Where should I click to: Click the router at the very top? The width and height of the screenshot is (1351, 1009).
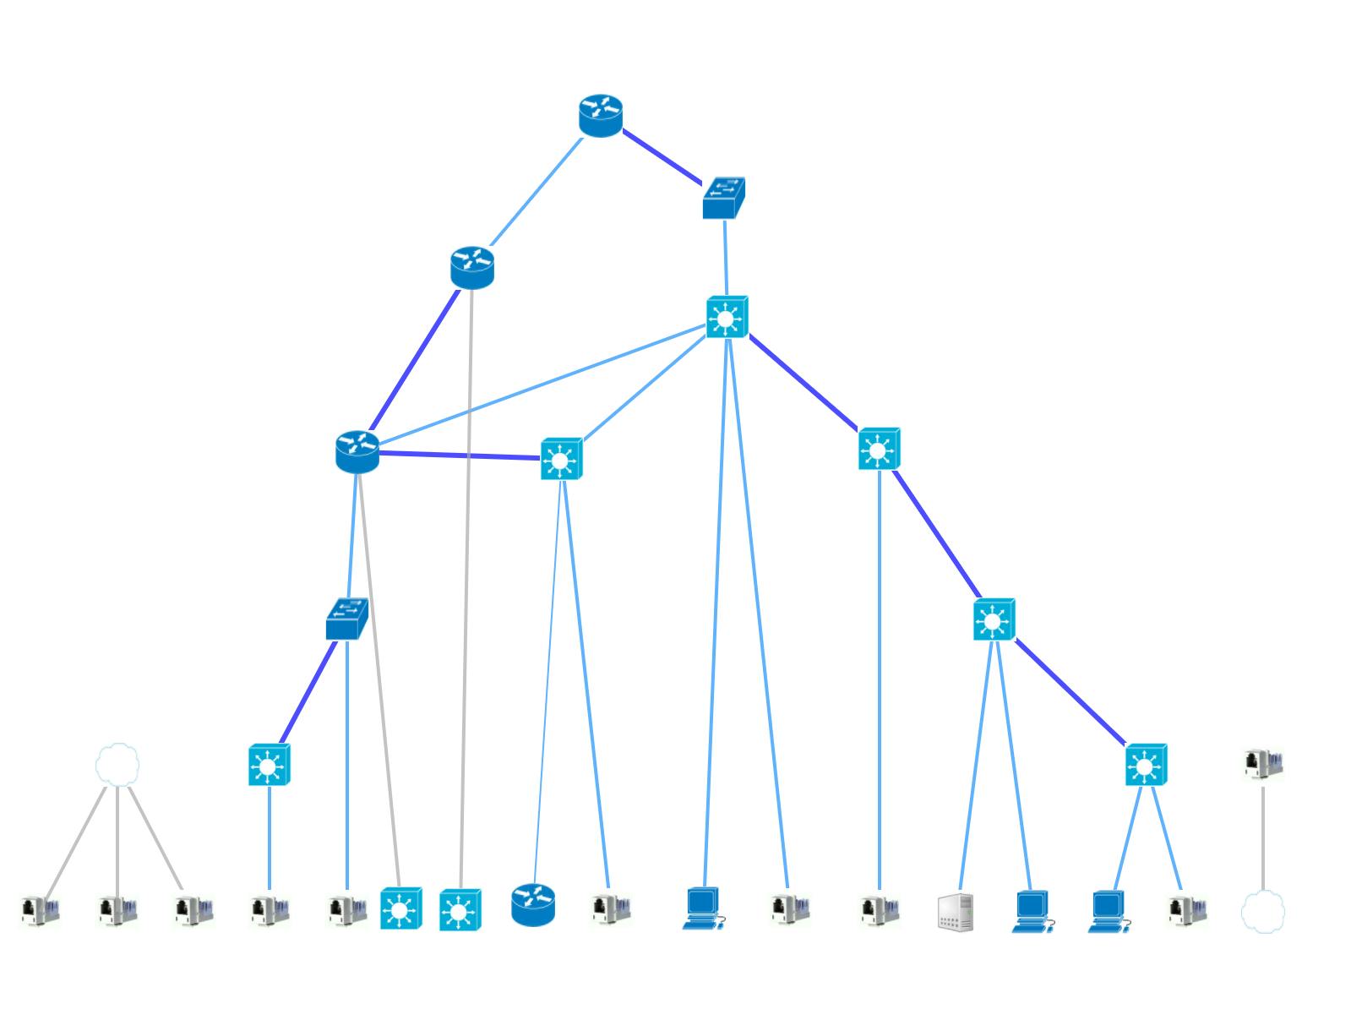[x=600, y=116]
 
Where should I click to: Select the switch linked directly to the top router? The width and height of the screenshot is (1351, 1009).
[x=723, y=198]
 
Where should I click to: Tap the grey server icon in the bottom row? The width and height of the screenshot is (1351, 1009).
[x=956, y=912]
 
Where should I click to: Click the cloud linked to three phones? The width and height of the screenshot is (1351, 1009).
[x=117, y=765]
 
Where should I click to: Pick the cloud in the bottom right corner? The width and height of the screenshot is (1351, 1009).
[x=1262, y=912]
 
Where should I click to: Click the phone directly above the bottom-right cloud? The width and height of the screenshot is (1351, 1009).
[x=1262, y=763]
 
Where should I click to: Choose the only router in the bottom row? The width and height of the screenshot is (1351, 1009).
[x=533, y=905]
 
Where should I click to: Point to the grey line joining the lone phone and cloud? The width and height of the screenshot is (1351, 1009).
[x=1262, y=837]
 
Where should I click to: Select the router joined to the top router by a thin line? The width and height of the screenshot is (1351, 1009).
[x=471, y=267]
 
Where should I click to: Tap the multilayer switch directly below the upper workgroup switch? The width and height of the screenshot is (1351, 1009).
[x=727, y=317]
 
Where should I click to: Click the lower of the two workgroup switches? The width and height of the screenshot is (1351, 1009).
[x=346, y=619]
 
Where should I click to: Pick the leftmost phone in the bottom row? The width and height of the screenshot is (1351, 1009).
[x=40, y=910]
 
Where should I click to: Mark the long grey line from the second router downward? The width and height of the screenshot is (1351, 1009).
[x=466, y=592]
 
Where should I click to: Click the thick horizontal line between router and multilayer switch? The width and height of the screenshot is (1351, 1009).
[x=459, y=455]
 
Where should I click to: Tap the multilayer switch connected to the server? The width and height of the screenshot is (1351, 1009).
[x=993, y=620]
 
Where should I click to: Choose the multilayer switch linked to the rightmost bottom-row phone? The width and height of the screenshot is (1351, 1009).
[x=1145, y=765]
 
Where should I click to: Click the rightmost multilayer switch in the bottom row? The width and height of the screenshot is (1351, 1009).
[x=460, y=910]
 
